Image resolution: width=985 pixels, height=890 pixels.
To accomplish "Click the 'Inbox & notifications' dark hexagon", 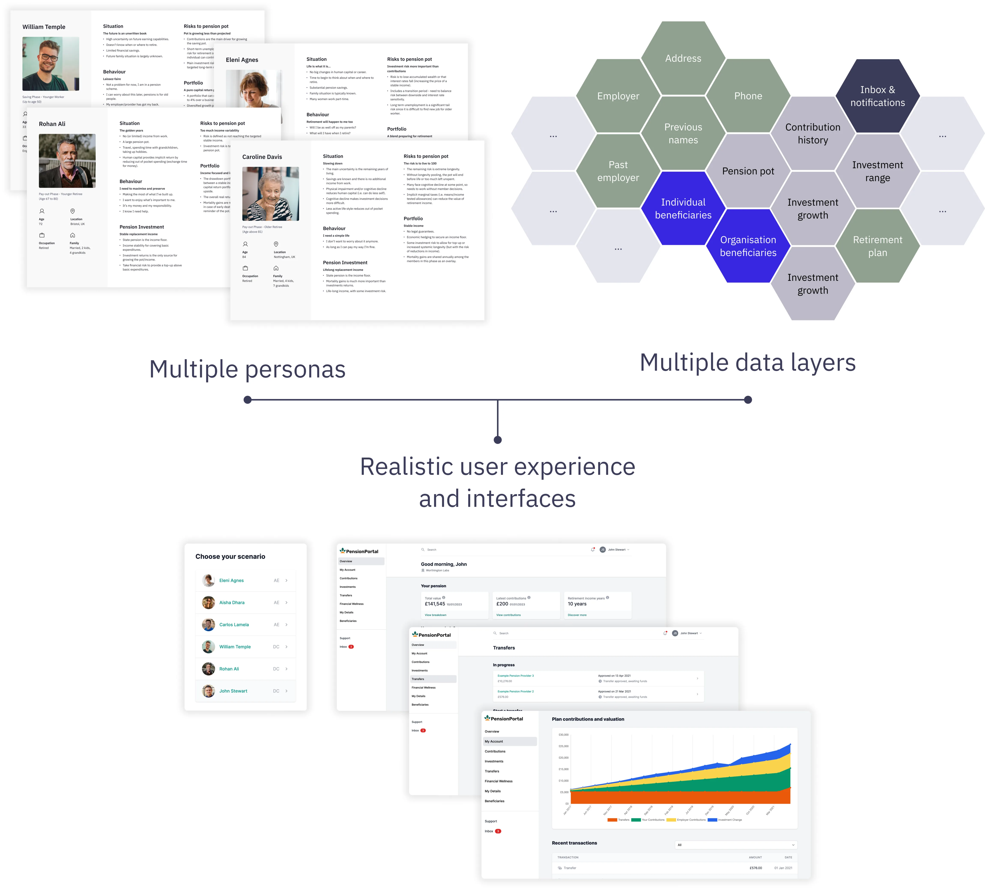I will (878, 96).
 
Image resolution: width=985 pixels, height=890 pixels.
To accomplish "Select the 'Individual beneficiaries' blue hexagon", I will (683, 209).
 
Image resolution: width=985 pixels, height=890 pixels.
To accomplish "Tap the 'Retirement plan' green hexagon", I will (878, 246).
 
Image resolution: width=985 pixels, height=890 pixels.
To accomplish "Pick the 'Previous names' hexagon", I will (683, 133).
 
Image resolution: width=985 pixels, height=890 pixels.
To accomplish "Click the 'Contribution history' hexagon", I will (813, 133).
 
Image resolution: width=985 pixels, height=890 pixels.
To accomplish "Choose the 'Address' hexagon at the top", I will (683, 58).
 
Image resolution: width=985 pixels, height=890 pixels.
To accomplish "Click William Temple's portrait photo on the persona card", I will (51, 64).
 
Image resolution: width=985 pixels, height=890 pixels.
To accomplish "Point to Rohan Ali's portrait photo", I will (67, 161).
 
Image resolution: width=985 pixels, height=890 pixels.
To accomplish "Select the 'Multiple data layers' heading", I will (748, 363).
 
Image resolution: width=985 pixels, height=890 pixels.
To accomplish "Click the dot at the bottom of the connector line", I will (497, 440).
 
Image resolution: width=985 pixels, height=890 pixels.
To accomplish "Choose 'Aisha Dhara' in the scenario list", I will (232, 603).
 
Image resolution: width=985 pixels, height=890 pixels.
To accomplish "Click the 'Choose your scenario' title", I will (230, 557).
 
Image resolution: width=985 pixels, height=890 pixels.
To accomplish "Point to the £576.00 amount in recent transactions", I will (755, 868).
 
